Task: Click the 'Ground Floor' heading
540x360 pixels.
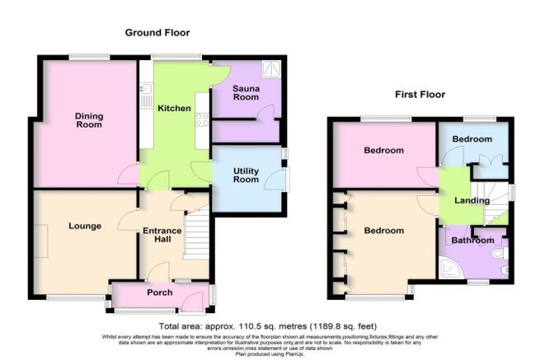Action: click(x=157, y=33)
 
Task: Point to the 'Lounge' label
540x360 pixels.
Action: click(x=85, y=226)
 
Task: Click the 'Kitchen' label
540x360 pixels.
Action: click(x=175, y=109)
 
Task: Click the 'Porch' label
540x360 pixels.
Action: click(x=159, y=292)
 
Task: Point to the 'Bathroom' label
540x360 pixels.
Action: click(x=470, y=241)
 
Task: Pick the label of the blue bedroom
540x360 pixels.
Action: click(x=472, y=139)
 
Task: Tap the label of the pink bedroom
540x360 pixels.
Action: click(x=384, y=151)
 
